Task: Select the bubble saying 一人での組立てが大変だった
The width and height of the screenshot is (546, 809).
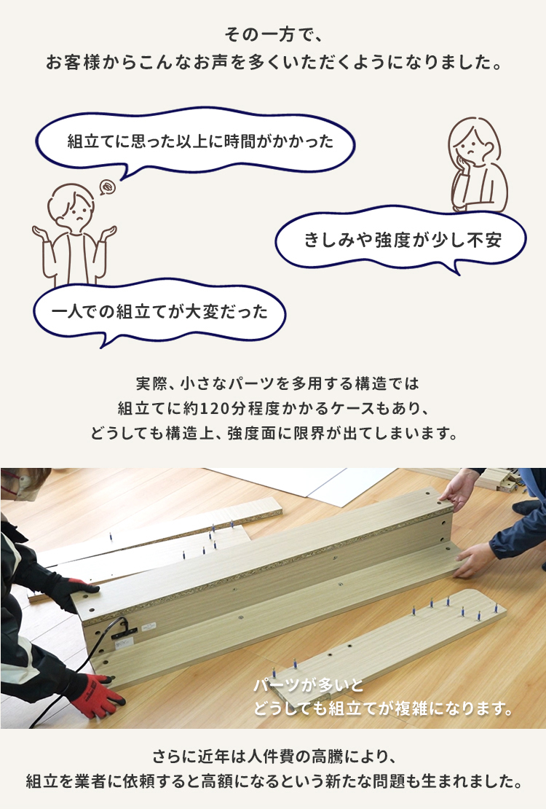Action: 159,312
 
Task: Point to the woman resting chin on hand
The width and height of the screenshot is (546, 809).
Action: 476,164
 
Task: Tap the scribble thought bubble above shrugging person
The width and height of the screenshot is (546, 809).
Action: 107,187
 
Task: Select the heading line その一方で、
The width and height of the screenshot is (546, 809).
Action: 273,35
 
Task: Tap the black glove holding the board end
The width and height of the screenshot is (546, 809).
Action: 75,593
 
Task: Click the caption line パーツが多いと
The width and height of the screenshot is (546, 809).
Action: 309,685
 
